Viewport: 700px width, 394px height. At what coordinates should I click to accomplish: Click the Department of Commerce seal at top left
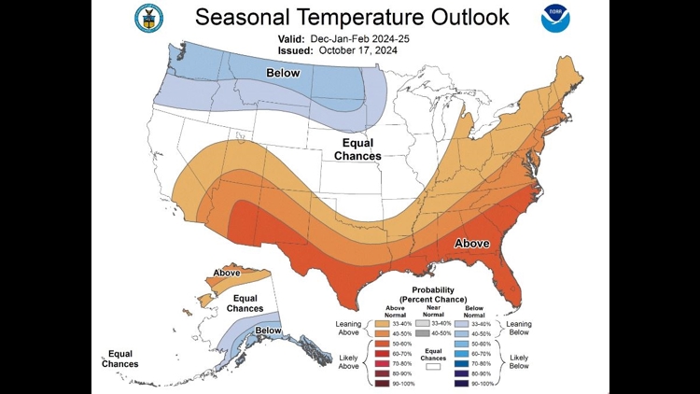(147, 16)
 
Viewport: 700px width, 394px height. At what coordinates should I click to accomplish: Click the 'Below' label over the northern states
(283, 73)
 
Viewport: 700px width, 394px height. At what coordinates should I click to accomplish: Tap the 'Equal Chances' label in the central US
(357, 149)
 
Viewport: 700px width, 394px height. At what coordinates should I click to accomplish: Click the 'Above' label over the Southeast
(471, 243)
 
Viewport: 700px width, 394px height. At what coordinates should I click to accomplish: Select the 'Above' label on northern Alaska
(227, 274)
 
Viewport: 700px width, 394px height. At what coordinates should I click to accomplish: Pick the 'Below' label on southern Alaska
(269, 331)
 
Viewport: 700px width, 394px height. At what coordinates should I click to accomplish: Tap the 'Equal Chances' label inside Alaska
(245, 303)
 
